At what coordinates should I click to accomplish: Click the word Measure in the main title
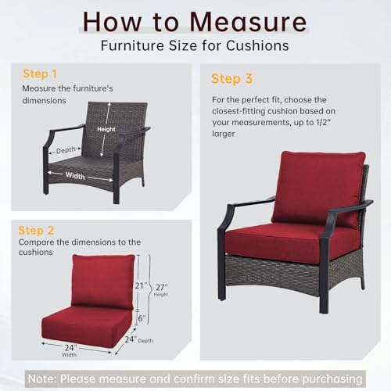(248, 23)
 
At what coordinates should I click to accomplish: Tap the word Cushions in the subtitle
(257, 45)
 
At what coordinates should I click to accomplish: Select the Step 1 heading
(40, 74)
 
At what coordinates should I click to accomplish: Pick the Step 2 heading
(36, 231)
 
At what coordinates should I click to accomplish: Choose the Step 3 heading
(231, 79)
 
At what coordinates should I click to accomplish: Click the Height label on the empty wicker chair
(106, 129)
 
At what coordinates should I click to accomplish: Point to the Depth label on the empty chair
(66, 150)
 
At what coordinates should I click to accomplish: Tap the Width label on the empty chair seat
(75, 176)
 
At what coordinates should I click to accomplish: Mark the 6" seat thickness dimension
(142, 318)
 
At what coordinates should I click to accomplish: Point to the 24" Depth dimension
(138, 339)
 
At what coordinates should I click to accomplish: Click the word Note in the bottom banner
(41, 378)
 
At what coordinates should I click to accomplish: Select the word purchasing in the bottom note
(332, 379)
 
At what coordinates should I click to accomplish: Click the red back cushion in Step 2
(103, 281)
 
